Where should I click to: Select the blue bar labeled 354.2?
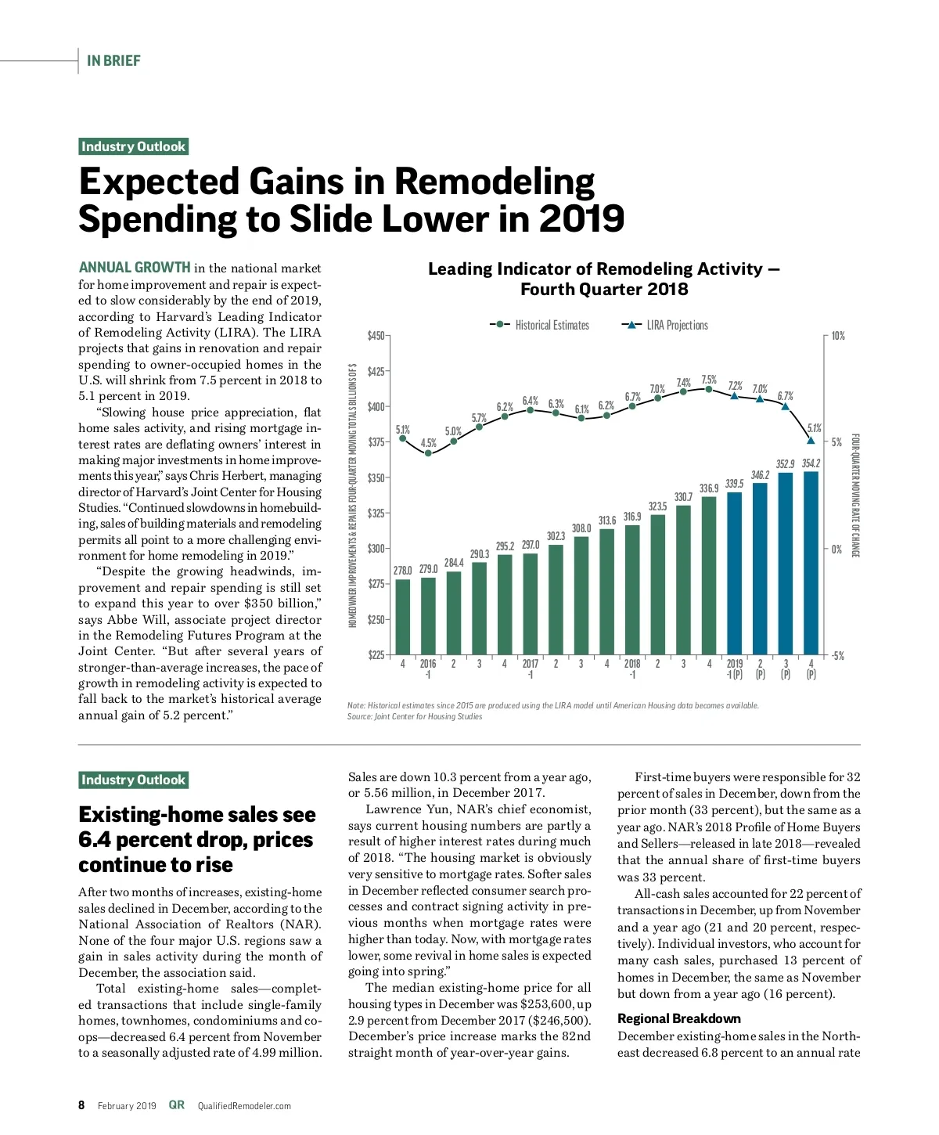click(811, 564)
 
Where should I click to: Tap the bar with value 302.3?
click(556, 600)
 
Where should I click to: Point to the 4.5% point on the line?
click(428, 453)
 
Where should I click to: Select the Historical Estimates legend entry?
click(540, 325)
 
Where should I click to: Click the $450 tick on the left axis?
click(376, 336)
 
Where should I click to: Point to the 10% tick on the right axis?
click(837, 336)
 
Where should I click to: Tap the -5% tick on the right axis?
click(837, 656)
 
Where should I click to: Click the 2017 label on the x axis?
click(531, 664)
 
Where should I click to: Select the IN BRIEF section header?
click(113, 60)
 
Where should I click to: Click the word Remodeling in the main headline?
click(494, 182)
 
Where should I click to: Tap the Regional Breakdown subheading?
click(678, 1018)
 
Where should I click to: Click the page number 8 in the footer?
click(81, 1105)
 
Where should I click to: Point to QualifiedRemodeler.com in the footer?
click(244, 1106)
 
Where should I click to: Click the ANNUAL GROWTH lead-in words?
click(135, 268)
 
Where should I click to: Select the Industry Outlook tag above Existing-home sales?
click(134, 780)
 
